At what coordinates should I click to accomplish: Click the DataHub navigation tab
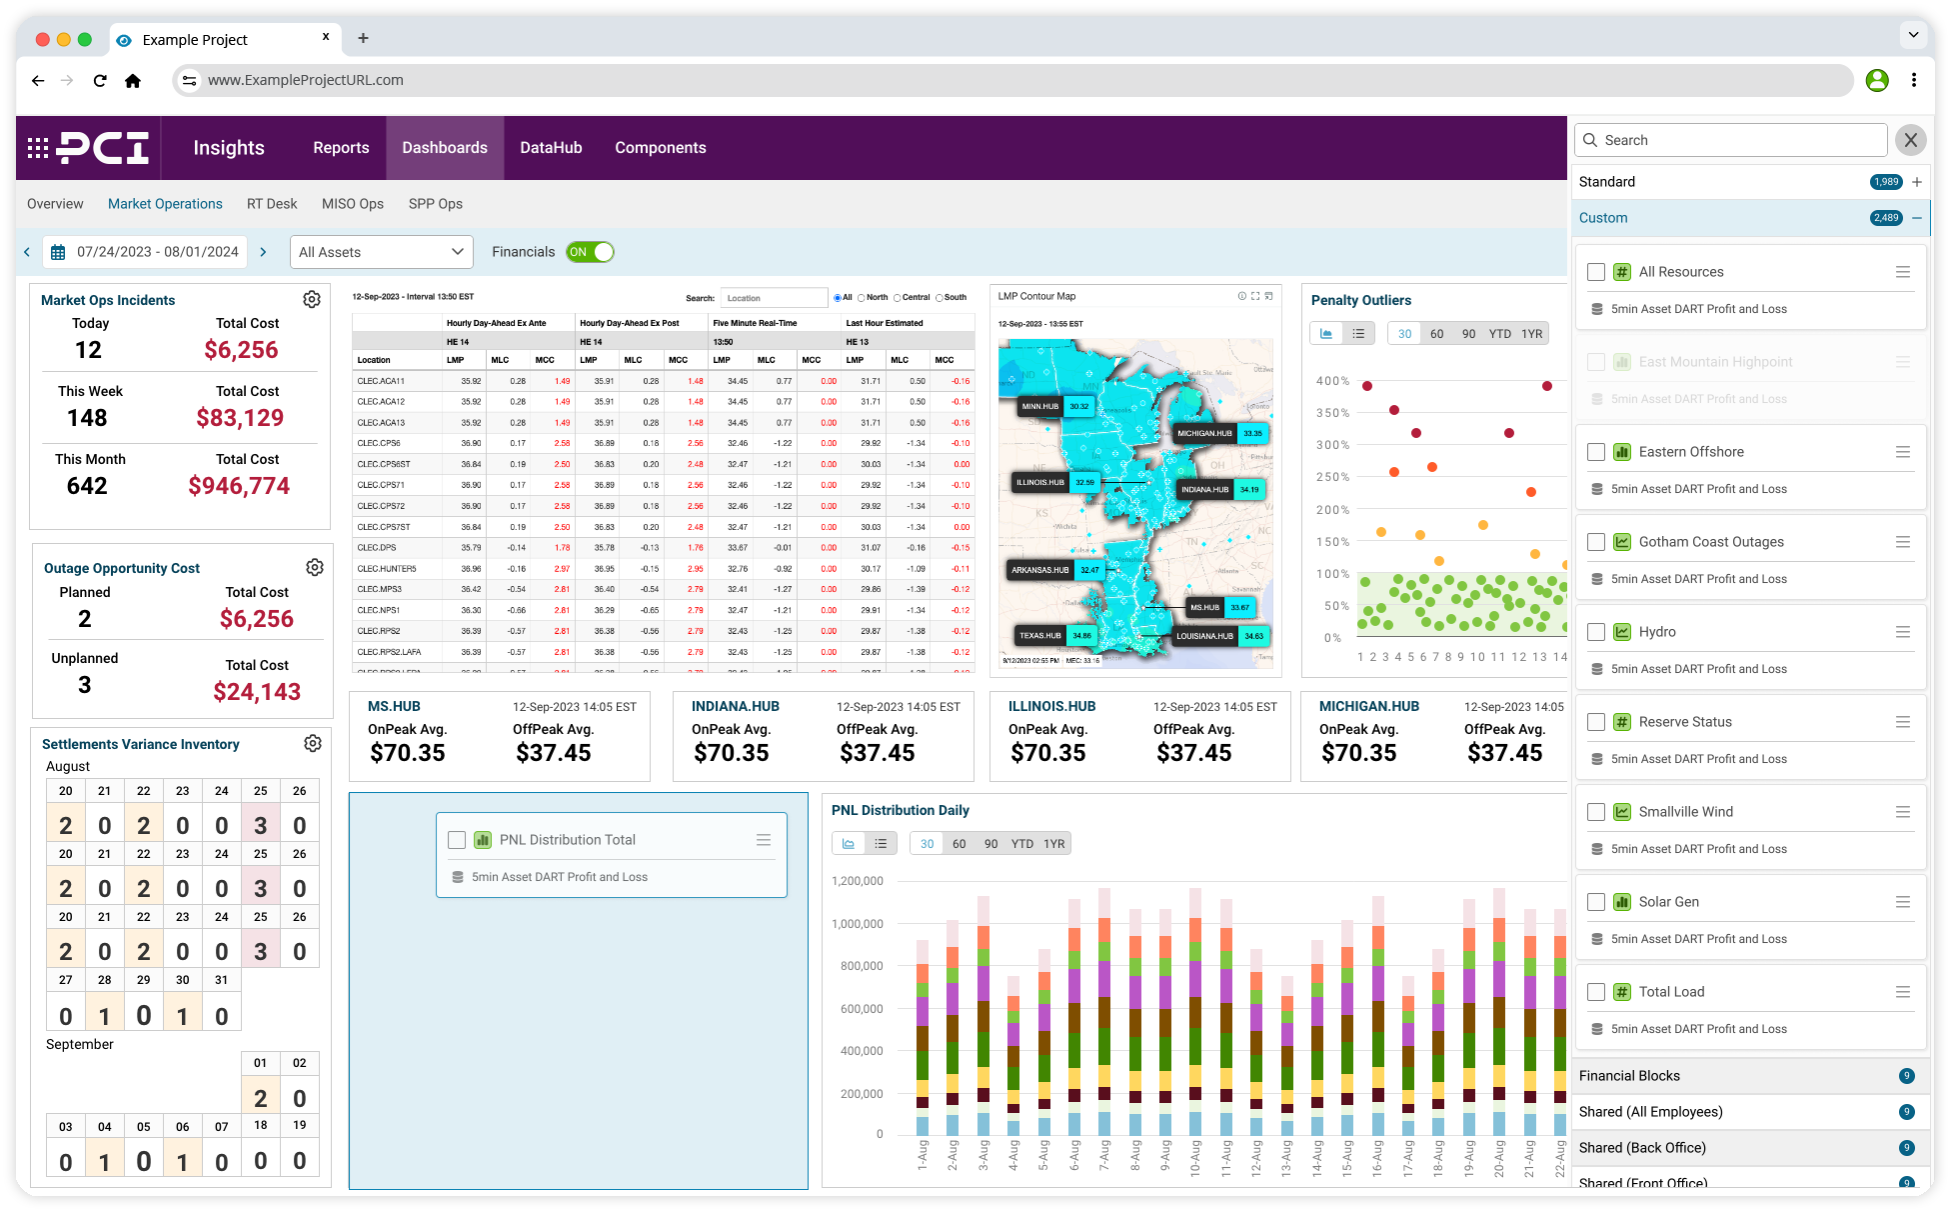551,148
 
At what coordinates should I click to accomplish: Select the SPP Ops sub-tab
435,204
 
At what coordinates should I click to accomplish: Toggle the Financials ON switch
590,252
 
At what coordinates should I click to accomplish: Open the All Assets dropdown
381,252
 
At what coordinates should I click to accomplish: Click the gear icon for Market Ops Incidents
312,300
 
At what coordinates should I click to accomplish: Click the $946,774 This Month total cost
239,486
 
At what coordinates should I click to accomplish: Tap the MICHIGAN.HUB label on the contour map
1204,434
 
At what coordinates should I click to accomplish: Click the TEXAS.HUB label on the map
1039,636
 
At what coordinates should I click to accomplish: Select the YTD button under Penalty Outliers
1499,334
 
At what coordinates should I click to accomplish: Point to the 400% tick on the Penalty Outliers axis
1332,381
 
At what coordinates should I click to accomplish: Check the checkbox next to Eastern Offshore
1596,452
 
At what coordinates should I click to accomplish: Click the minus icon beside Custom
1916,218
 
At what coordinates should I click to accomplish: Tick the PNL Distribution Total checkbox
457,840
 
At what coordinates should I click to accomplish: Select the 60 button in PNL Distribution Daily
959,844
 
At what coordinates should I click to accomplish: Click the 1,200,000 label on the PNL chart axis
858,881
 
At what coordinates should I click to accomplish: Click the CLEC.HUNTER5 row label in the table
387,569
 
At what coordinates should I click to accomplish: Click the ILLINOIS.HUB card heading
1051,707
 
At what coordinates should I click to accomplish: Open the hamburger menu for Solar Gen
1902,902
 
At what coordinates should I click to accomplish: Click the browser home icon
133,81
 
